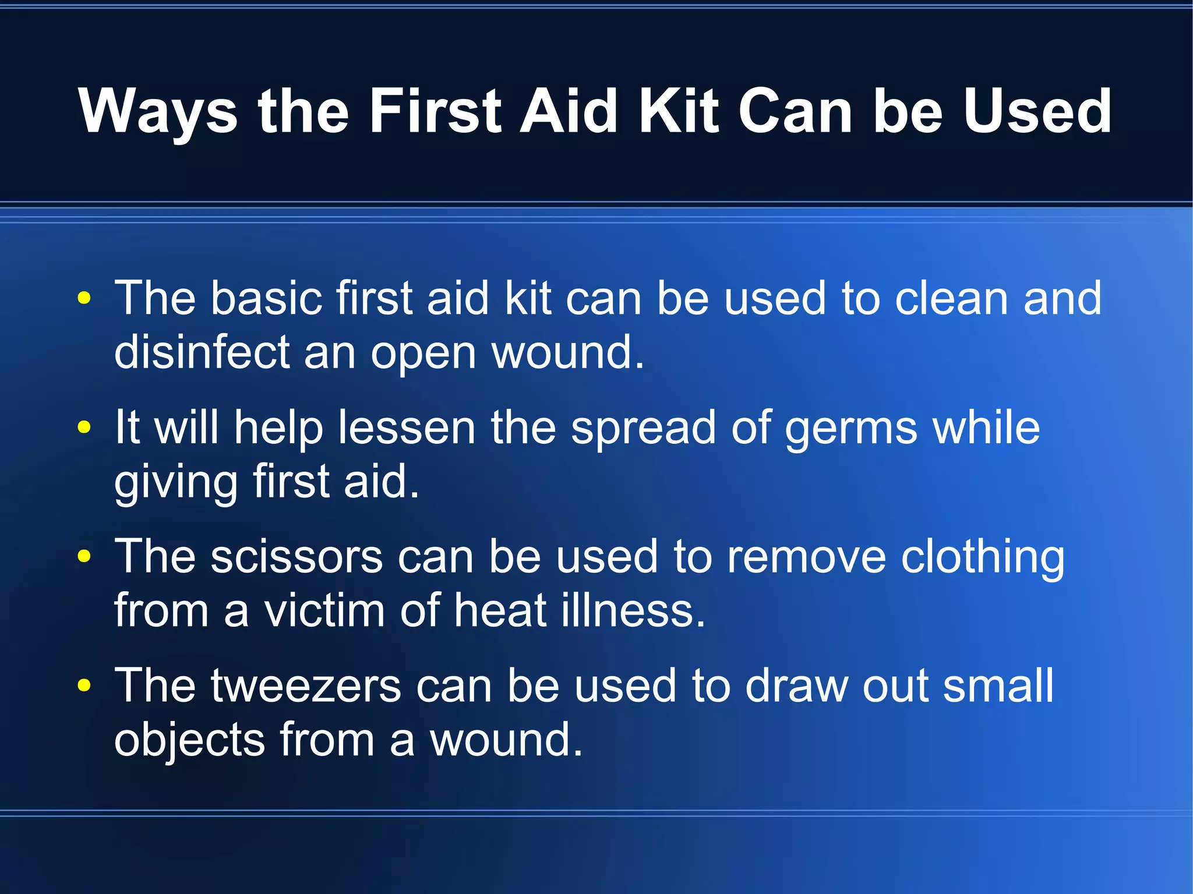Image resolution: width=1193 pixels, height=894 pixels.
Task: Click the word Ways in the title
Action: (158, 112)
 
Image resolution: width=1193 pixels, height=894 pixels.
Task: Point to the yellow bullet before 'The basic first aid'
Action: (84, 298)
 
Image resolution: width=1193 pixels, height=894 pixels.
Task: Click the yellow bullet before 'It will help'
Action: (84, 427)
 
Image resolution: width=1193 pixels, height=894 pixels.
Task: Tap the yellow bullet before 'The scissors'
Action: (84, 556)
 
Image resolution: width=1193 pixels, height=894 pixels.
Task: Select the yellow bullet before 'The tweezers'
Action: (84, 685)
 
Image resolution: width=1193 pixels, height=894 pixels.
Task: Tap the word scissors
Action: (297, 557)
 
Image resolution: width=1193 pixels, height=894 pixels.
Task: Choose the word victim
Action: (324, 610)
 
